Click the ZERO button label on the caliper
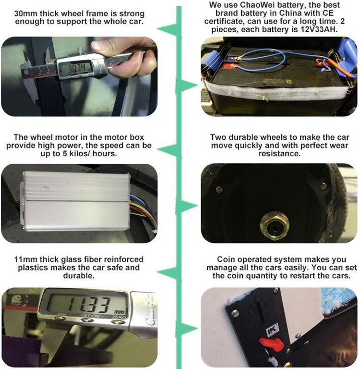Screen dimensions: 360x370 pyautogui.click(x=119, y=317)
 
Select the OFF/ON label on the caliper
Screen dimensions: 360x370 pyautogui.click(x=91, y=316)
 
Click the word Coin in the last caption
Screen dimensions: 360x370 pyautogui.click(x=226, y=259)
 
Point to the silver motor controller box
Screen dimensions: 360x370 pyautogui.click(x=76, y=200)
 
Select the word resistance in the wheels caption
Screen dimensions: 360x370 pyautogui.click(x=279, y=154)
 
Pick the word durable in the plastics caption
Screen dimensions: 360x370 pyautogui.click(x=79, y=276)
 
